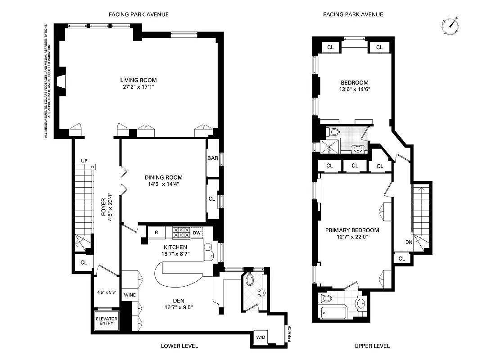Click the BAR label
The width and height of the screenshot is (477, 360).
212,158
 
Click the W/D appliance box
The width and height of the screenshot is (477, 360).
261,337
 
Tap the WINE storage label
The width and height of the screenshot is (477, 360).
130,295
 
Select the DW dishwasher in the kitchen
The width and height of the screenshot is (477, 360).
196,233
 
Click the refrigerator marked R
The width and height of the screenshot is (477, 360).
156,233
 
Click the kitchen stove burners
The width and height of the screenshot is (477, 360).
181,233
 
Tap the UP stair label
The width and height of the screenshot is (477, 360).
84,161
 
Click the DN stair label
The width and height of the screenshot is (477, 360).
409,242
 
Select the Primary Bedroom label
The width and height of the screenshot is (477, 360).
352,230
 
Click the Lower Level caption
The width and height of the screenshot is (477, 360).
179,346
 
